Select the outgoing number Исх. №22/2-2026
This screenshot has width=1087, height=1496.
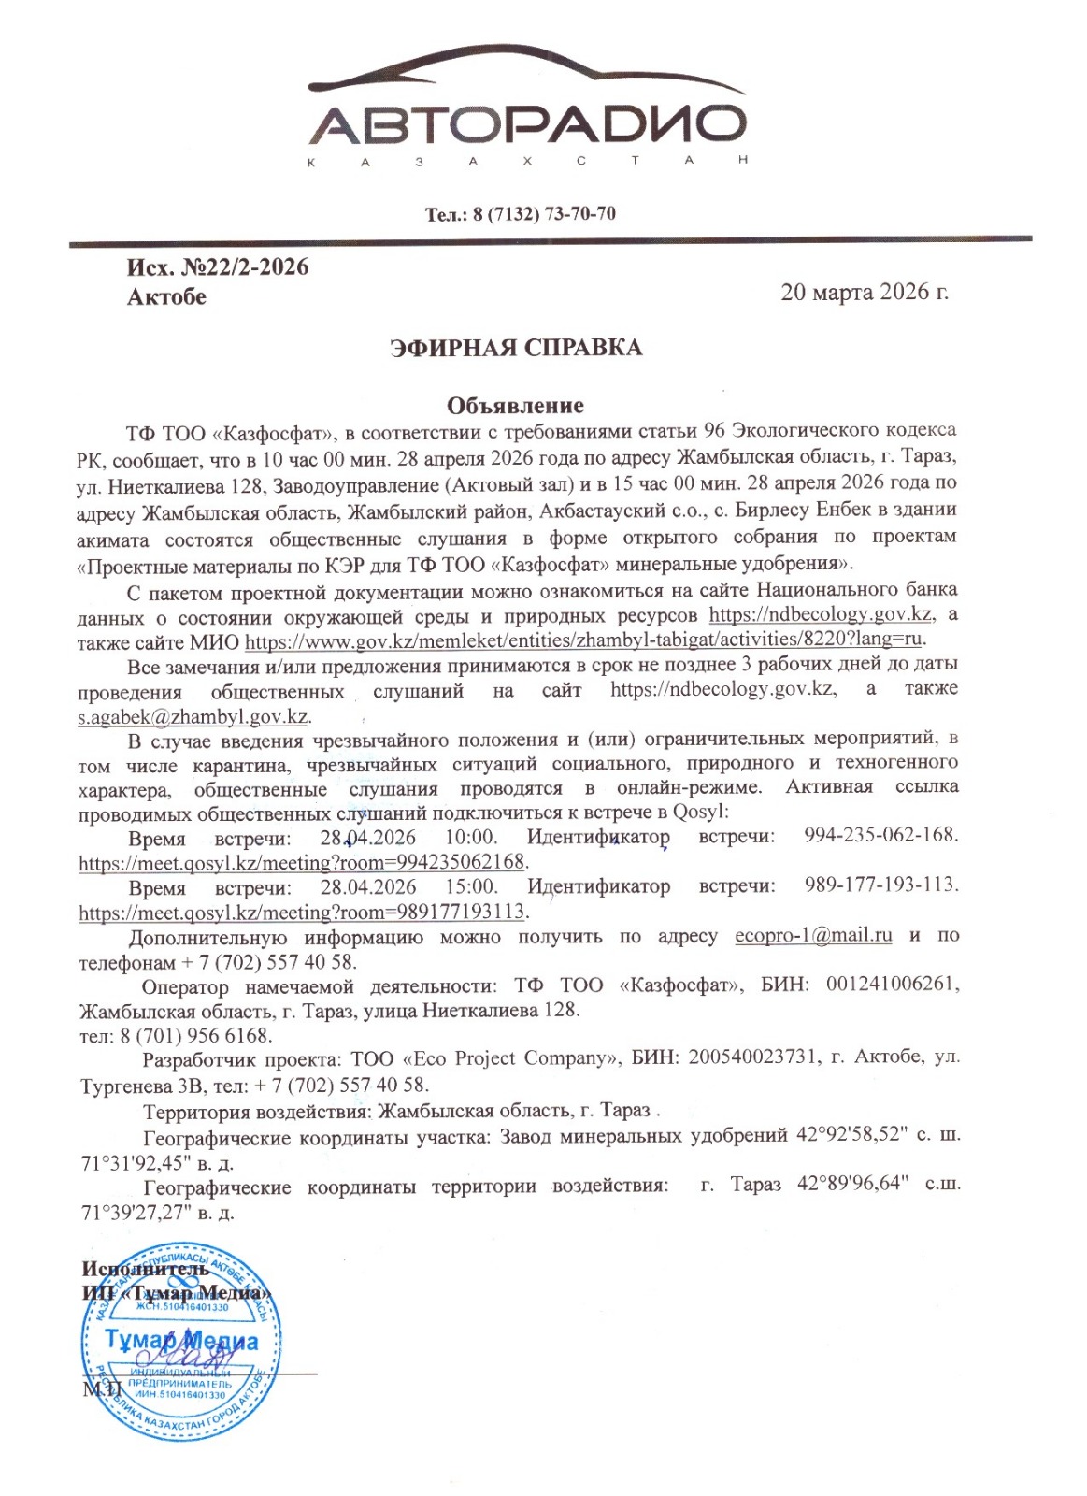(x=218, y=267)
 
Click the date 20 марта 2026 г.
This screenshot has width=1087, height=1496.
(x=865, y=292)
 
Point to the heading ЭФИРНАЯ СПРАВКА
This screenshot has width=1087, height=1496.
(x=516, y=348)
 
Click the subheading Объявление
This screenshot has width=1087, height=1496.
(x=515, y=406)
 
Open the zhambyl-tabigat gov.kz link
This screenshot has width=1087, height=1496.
(x=584, y=640)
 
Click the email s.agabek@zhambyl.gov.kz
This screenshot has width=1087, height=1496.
(x=193, y=717)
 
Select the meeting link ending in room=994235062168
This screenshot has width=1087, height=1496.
(x=303, y=862)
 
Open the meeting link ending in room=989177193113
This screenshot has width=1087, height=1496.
(x=303, y=912)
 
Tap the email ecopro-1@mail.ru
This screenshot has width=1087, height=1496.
(x=813, y=936)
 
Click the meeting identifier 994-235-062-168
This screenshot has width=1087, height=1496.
(x=880, y=835)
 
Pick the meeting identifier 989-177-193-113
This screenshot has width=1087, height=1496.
(x=880, y=885)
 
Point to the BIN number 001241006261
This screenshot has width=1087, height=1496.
(x=893, y=985)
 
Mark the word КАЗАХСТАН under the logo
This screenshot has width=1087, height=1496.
(x=527, y=162)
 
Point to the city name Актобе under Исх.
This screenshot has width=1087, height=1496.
(x=166, y=297)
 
